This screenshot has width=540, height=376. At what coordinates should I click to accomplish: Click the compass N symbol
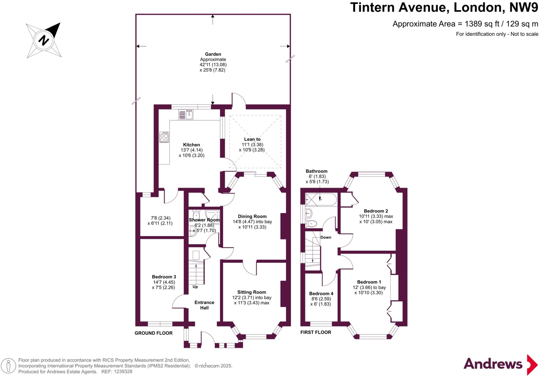(44, 40)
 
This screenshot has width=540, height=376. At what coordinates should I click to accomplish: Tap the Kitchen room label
(191, 145)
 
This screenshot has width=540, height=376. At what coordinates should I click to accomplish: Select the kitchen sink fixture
(186, 115)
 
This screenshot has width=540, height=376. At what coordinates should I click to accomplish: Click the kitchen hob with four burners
(164, 137)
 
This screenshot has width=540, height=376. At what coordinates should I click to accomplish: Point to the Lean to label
(252, 139)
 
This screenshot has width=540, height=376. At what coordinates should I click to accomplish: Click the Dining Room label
(252, 216)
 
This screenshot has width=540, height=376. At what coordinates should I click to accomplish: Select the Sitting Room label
(252, 292)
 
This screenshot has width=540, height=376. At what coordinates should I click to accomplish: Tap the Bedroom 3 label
(164, 277)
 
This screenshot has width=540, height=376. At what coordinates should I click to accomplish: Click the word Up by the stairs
(195, 287)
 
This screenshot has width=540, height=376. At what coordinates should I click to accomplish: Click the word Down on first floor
(326, 237)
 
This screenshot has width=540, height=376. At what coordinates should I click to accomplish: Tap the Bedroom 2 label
(376, 211)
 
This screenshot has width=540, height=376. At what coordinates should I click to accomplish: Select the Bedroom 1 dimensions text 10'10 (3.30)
(368, 292)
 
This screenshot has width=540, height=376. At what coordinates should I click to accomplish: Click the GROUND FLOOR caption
(153, 333)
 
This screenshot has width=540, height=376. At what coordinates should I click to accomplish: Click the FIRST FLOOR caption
(316, 332)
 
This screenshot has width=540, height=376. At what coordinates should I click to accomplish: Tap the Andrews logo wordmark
(493, 364)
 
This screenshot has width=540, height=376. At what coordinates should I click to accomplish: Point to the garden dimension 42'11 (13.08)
(213, 65)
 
